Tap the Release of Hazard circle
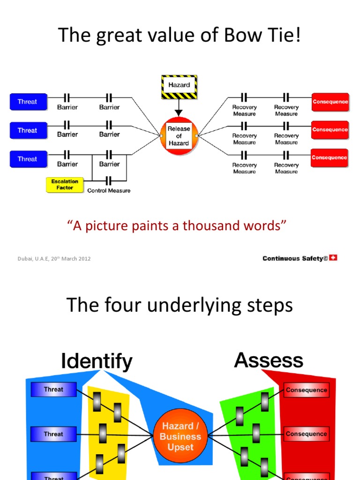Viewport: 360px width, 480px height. [x=179, y=136]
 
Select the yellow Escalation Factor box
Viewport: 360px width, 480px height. [x=65, y=184]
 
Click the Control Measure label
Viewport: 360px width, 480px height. [x=109, y=191]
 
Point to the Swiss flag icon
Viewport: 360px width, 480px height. [x=333, y=257]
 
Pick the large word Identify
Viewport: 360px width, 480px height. [x=97, y=361]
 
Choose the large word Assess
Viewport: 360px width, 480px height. [x=268, y=360]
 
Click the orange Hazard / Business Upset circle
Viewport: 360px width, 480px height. [x=180, y=436]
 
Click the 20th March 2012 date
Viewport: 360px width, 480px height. [x=74, y=259]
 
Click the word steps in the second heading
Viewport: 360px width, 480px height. [x=269, y=306]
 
